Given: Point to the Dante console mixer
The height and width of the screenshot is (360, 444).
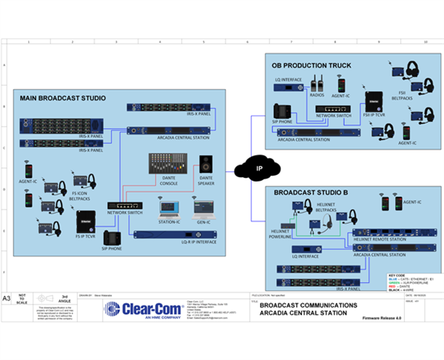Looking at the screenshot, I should click(165, 164).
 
